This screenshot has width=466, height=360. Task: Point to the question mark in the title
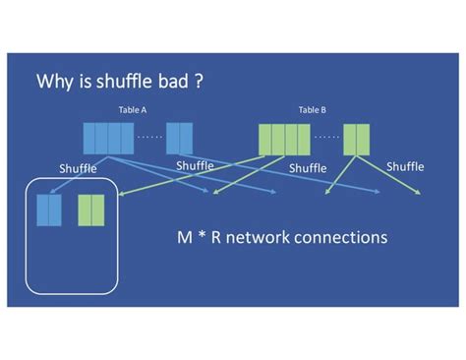(199, 82)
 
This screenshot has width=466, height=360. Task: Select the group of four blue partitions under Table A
(107, 138)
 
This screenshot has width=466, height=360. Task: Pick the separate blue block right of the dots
(179, 138)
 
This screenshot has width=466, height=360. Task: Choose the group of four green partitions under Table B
(284, 138)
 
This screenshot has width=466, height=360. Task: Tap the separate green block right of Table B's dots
(356, 138)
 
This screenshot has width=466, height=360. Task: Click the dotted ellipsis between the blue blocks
(149, 137)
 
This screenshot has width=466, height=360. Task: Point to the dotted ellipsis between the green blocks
(326, 137)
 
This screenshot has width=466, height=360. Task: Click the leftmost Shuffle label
(78, 168)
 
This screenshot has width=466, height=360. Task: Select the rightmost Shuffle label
(405, 166)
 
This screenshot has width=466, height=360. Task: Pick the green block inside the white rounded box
(91, 210)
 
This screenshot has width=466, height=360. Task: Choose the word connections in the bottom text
(344, 238)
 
